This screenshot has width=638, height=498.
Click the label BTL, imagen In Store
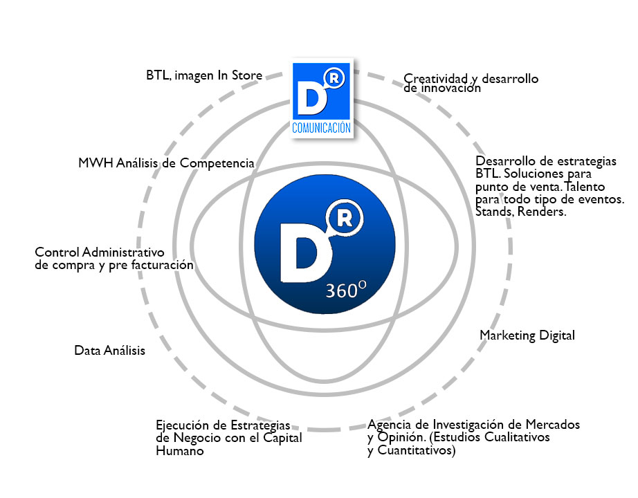coord(204,75)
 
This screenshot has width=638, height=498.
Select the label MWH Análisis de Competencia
coord(166,163)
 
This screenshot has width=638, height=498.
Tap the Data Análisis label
coord(109,351)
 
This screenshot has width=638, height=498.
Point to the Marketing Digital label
coord(527,335)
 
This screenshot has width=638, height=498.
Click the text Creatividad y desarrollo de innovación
coord(471,84)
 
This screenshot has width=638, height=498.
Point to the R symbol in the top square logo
coord(334,80)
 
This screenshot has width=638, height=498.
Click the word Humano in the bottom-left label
coord(180,451)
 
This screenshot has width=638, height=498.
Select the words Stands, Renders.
coord(521,212)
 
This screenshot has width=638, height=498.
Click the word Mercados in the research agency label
coord(554,424)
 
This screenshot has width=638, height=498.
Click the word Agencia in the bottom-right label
coord(390,424)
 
